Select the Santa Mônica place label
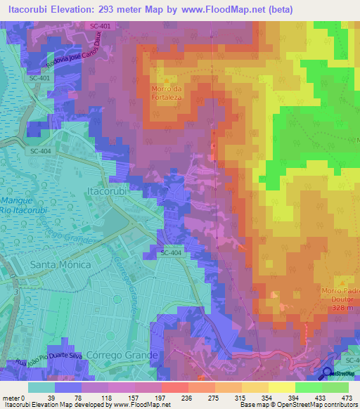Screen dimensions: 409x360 point(60,264)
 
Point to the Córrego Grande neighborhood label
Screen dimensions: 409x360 point(123,355)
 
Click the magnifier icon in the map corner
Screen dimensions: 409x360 point(328,374)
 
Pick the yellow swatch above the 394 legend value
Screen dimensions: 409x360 point(282,387)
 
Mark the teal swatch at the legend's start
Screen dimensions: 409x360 point(41,387)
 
